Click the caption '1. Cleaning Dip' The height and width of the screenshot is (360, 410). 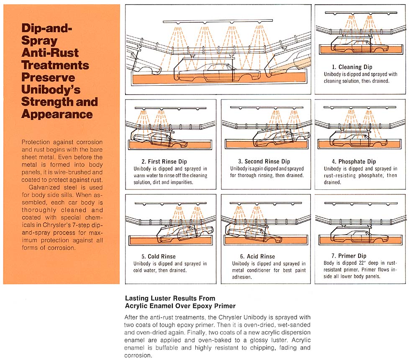[352, 67]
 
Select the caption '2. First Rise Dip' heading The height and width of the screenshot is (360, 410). [164, 161]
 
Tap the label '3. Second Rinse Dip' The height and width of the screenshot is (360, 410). [264, 161]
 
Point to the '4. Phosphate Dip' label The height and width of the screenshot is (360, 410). [354, 161]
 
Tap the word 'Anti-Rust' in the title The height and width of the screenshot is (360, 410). [50, 54]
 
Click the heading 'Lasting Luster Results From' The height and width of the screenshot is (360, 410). [170, 298]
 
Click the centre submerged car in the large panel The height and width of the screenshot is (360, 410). [218, 72]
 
